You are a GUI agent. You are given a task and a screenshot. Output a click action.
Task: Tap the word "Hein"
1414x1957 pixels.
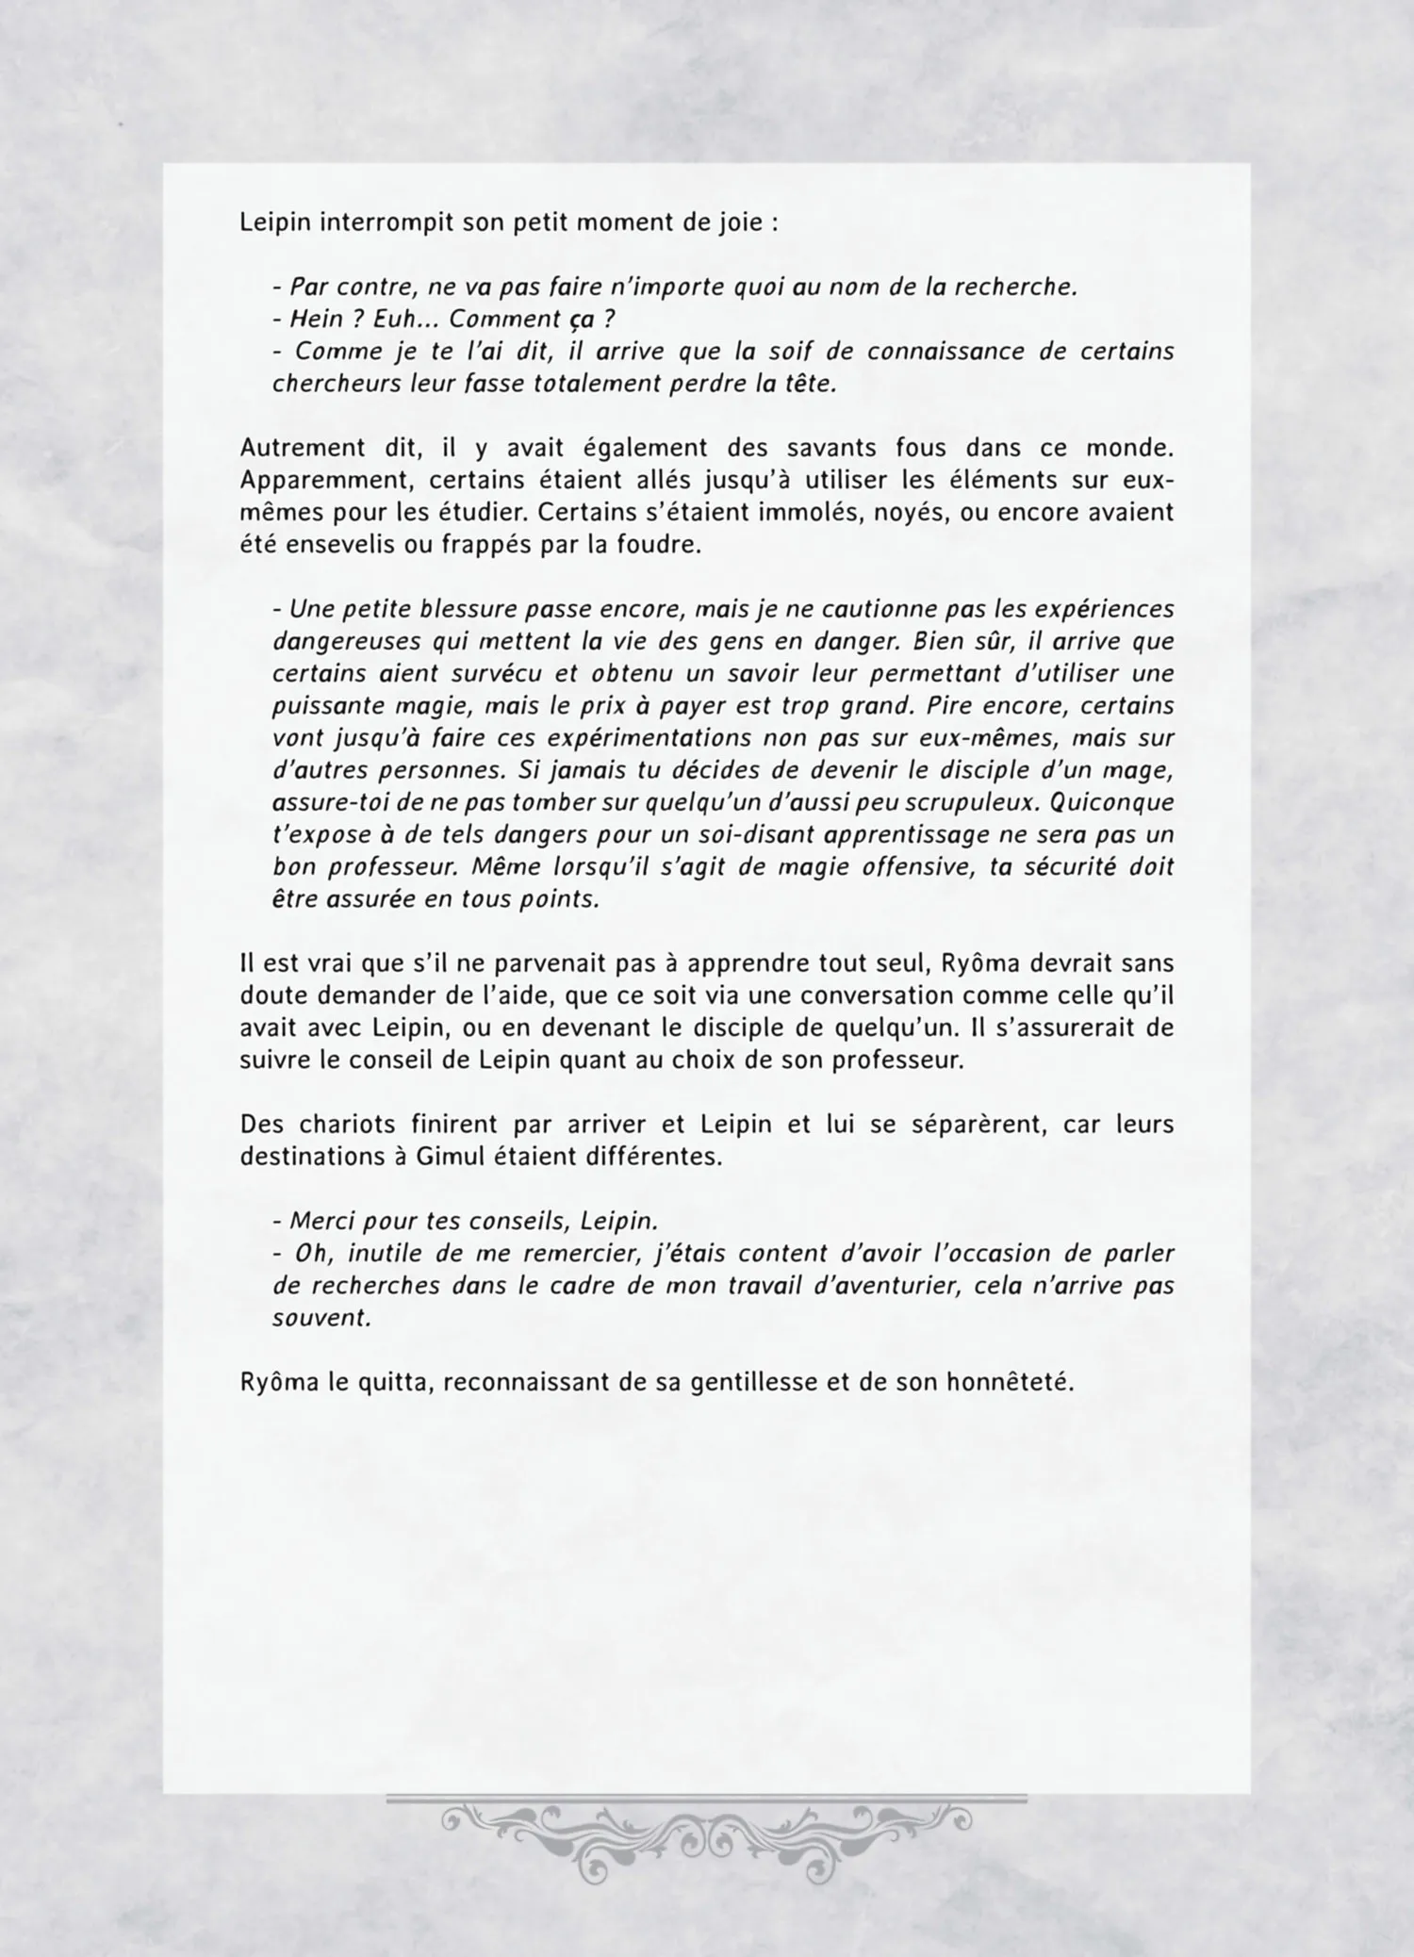[x=317, y=320]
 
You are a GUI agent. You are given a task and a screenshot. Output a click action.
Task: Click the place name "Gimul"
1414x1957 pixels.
[x=449, y=1157]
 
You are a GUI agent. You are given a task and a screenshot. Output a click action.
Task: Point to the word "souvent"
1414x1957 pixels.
[x=320, y=1318]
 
